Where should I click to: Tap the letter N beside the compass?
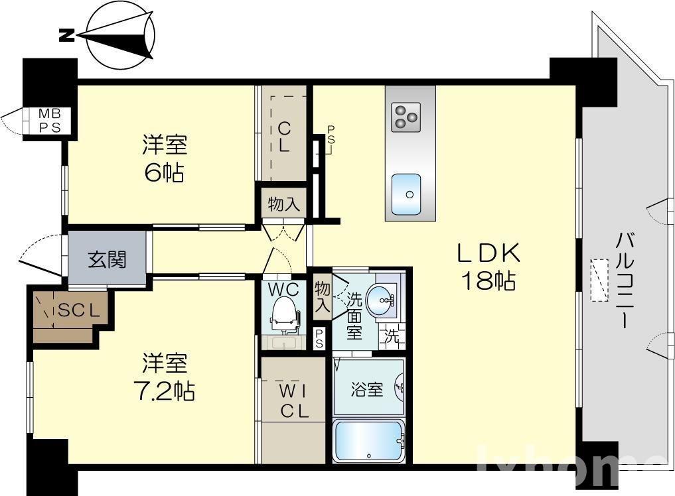67,36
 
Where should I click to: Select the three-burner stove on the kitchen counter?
406,117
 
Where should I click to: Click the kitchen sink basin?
406,194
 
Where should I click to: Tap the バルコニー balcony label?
624,279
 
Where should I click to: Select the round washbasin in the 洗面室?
384,302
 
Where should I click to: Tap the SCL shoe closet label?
79,310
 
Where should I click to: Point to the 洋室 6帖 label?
163,158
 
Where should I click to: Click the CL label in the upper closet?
283,137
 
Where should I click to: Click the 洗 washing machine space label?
393,336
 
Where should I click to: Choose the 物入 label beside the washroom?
322,297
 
